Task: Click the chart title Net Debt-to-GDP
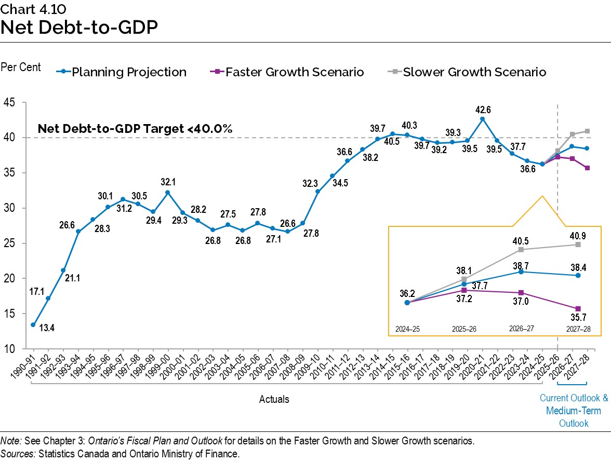coord(79,27)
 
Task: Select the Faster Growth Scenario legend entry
coord(295,72)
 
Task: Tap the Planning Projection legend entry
coord(128,72)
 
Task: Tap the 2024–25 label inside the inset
coord(407,329)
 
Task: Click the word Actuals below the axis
coord(274,399)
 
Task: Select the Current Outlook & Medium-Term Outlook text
coord(573,411)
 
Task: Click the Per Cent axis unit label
coord(21,68)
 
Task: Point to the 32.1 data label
coord(168,182)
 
